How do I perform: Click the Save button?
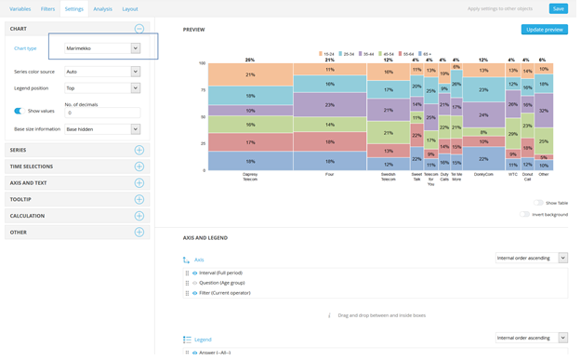click(x=558, y=8)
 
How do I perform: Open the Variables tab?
click(x=20, y=8)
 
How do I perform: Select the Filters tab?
click(x=47, y=8)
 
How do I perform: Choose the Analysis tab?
click(x=102, y=8)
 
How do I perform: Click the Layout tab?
click(x=130, y=8)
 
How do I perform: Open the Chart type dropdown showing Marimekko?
click(x=102, y=48)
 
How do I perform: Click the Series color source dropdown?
click(x=102, y=72)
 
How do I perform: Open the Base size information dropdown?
click(x=102, y=129)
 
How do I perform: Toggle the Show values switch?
click(x=19, y=111)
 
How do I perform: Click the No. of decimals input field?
click(x=102, y=113)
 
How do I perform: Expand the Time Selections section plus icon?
click(x=139, y=167)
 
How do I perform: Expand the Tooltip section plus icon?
click(x=139, y=199)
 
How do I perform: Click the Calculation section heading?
click(x=28, y=216)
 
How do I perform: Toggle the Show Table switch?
click(x=539, y=203)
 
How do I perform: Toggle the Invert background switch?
click(x=525, y=214)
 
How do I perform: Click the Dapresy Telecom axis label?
click(x=250, y=177)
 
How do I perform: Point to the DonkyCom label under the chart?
click(x=483, y=174)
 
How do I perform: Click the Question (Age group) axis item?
click(x=222, y=283)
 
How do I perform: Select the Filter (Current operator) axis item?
click(x=225, y=293)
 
